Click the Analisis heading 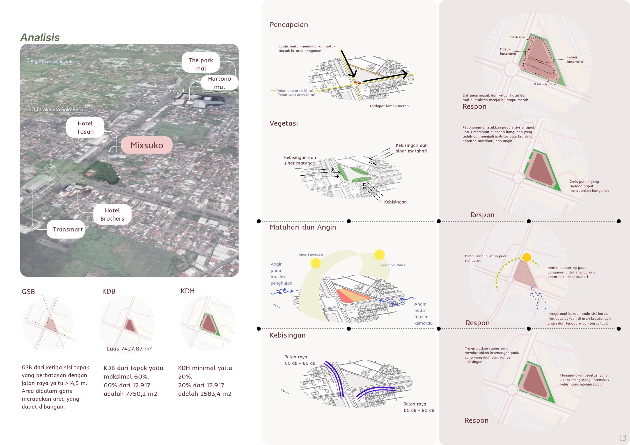40,37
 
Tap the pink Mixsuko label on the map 146,145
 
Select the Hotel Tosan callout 85,127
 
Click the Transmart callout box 68,229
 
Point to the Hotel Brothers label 112,214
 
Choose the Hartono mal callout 219,83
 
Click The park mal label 201,64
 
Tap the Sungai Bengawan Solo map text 50,61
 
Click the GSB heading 28,292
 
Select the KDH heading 187,291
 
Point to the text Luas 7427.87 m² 129,349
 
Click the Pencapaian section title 289,25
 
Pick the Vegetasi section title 283,123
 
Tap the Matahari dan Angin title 303,227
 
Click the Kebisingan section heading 287,335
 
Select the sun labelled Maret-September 315,263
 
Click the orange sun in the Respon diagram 527,257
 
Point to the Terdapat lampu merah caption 389,106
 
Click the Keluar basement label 575,59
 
